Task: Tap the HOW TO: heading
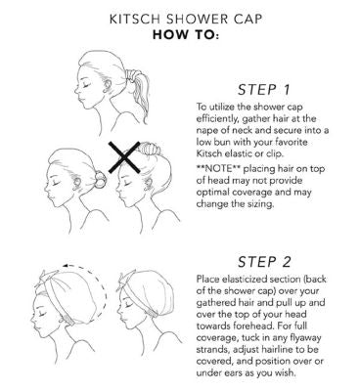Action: [x=186, y=35]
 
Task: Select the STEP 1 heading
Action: [x=264, y=90]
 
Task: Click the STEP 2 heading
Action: [x=264, y=262]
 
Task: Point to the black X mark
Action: [x=124, y=157]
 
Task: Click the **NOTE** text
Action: [x=218, y=169]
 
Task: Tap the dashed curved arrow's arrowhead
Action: [x=67, y=267]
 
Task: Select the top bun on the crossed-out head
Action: [x=150, y=149]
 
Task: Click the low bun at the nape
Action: [x=101, y=180]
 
